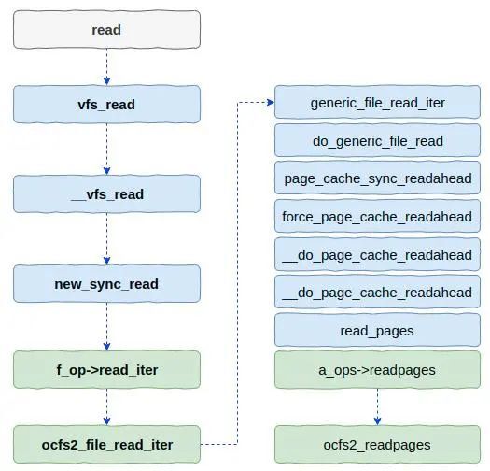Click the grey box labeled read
click(106, 30)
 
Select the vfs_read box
click(106, 105)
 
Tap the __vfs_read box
click(106, 194)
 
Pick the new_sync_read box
click(106, 284)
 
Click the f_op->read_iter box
click(106, 369)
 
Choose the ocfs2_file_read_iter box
click(106, 445)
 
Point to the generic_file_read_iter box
click(377, 103)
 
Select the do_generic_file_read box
click(377, 140)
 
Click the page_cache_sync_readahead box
click(377, 178)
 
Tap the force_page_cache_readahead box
click(377, 216)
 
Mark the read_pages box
click(377, 330)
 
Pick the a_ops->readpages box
click(377, 369)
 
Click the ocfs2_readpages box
click(377, 445)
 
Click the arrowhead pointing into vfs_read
click(106, 81)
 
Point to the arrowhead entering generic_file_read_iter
click(271, 103)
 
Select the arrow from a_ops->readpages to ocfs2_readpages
click(377, 407)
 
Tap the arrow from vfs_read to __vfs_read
click(106, 149)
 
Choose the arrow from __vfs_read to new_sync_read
click(106, 239)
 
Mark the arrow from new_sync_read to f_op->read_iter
click(106, 327)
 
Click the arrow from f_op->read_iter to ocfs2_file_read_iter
click(106, 407)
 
